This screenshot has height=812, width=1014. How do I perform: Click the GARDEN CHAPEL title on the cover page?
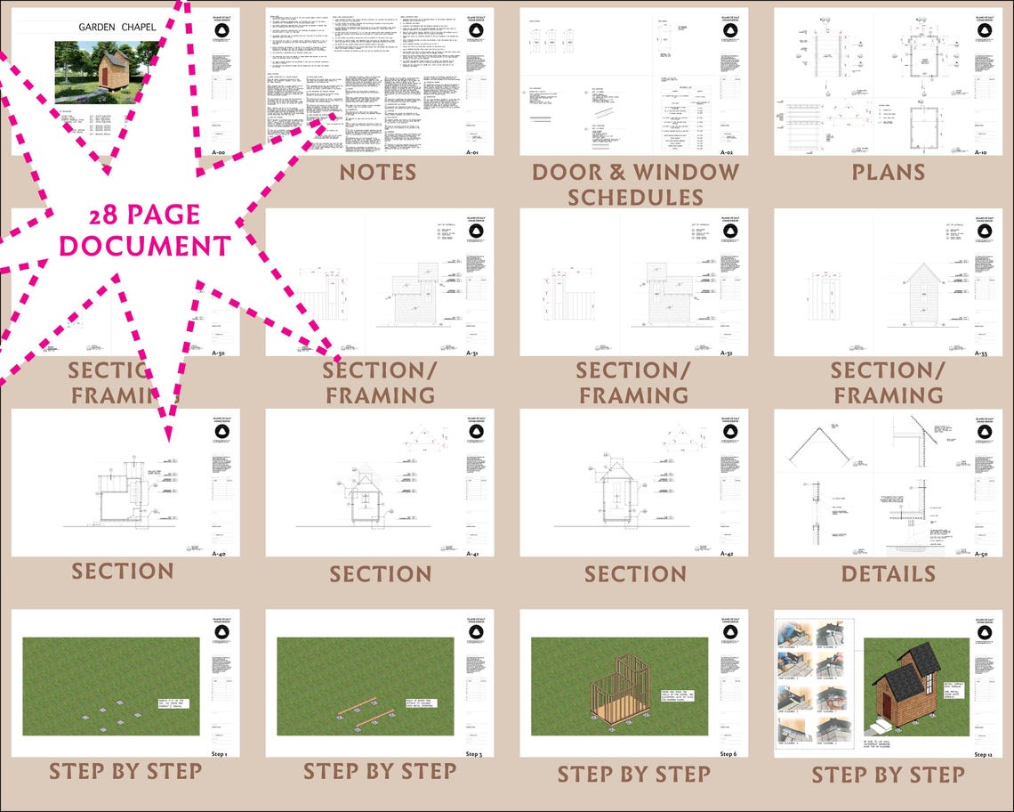[x=117, y=27]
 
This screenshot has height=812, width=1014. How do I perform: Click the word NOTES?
[x=377, y=173]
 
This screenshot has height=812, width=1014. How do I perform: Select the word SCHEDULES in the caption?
[x=635, y=197]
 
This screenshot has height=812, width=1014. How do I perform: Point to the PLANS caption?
[x=889, y=172]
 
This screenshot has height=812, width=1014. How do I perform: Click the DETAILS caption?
[x=888, y=573]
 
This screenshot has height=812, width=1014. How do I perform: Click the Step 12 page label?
[x=982, y=754]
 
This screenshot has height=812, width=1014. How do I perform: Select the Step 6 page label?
[x=728, y=754]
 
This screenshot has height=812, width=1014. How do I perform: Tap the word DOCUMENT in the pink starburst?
[x=145, y=245]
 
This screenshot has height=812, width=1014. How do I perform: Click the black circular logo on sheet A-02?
[x=728, y=31]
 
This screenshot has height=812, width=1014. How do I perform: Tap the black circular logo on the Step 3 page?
[x=475, y=633]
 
